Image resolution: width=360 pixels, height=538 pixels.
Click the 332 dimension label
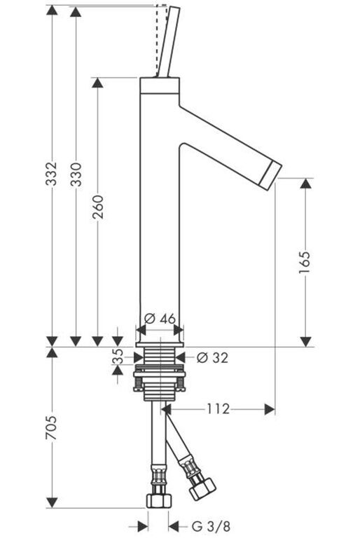51,174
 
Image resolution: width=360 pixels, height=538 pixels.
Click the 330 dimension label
76,174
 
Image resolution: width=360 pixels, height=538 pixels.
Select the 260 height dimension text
98,207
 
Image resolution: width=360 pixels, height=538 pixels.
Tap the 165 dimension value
305,263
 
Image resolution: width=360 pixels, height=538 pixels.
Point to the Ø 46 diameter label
160,319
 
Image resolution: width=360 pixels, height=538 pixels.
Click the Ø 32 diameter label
212,358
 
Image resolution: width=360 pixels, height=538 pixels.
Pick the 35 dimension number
118,356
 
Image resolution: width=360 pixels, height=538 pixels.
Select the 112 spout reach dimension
218,409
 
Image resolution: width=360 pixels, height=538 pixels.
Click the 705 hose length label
51,428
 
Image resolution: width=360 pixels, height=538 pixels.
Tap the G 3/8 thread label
211,525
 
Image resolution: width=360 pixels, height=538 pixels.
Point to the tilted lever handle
168,42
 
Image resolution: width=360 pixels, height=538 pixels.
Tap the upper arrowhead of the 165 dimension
305,183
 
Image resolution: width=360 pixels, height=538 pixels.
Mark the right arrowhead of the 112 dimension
270,409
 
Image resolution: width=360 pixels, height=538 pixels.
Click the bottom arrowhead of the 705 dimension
52,503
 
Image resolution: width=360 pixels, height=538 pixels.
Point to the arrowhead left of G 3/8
143,525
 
